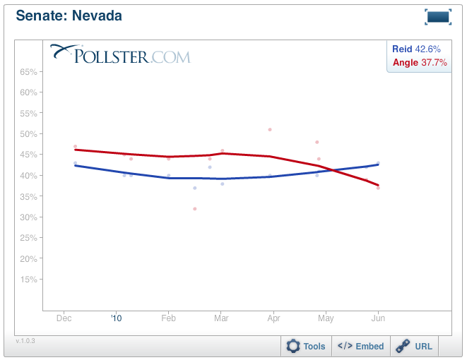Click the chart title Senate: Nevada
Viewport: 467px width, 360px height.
click(x=69, y=16)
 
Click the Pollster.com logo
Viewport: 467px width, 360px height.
click(x=120, y=54)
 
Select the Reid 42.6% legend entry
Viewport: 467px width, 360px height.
click(x=417, y=49)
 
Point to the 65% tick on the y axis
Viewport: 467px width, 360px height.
click(x=28, y=72)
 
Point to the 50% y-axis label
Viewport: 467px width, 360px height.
click(x=28, y=134)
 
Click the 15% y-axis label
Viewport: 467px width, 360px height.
click(x=28, y=280)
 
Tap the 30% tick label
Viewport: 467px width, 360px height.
click(x=28, y=217)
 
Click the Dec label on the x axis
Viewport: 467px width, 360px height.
click(x=64, y=319)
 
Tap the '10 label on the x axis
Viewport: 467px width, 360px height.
click(x=117, y=319)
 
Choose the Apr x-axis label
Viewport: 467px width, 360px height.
click(x=273, y=319)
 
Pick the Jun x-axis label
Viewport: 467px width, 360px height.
click(x=378, y=319)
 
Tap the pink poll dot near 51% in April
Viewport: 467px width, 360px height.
click(x=270, y=130)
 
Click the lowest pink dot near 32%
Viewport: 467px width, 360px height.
click(x=195, y=209)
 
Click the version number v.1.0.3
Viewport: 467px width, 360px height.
click(x=25, y=341)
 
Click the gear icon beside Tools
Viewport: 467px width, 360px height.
click(x=293, y=346)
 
